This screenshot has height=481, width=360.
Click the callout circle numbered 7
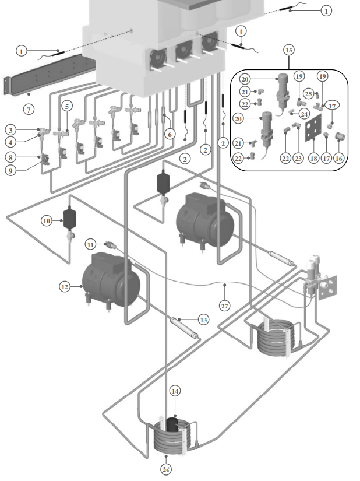tap(29, 109)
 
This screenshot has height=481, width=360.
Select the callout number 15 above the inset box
tap(288, 50)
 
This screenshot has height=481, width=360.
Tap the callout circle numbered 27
tap(225, 305)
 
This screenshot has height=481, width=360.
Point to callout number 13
tap(203, 320)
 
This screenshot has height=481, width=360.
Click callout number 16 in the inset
tap(339, 157)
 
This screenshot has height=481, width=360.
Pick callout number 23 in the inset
tap(299, 157)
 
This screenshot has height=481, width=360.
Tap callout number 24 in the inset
tap(304, 114)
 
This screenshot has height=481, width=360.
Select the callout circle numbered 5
tap(68, 106)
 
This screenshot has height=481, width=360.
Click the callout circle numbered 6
tap(170, 134)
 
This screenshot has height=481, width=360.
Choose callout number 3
tap(10, 129)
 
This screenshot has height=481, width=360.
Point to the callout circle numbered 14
tap(175, 391)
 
